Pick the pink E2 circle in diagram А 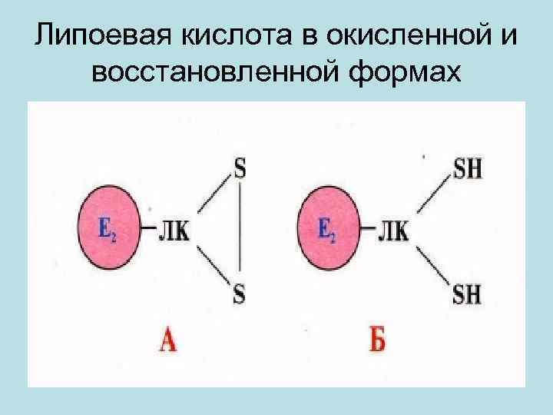pos(110,228)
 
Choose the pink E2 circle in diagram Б pos(328,228)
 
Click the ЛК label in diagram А pos(174,229)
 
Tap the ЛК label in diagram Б pos(392,229)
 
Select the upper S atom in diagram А pos(240,169)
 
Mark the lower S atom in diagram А pos(240,292)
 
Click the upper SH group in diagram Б pos(467,169)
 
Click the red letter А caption pos(167,338)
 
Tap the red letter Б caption pos(378,338)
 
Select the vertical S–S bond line pos(240,231)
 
